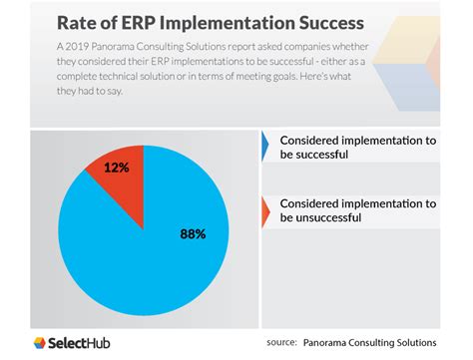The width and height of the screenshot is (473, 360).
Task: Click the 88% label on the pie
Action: pos(193,234)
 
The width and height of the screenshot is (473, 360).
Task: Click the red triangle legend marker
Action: pos(266,209)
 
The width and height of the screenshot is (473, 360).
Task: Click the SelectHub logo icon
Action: pos(42,343)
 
